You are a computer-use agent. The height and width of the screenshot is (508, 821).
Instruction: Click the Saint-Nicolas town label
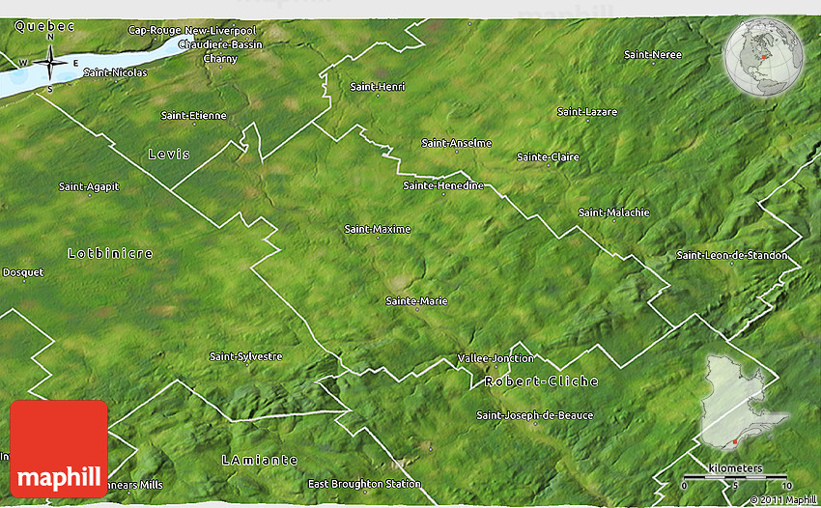click(x=115, y=72)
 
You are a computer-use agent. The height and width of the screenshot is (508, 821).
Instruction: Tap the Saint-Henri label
click(x=378, y=87)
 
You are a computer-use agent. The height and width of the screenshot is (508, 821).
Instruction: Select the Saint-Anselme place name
click(x=457, y=143)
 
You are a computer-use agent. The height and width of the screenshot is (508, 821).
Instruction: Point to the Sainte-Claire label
click(x=548, y=156)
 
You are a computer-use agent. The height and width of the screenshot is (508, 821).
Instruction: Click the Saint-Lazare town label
click(x=587, y=112)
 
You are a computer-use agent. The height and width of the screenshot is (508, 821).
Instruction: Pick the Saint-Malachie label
click(x=614, y=212)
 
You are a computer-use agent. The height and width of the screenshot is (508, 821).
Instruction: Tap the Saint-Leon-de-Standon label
click(x=732, y=255)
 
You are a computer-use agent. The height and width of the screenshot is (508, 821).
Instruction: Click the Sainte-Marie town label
click(x=416, y=300)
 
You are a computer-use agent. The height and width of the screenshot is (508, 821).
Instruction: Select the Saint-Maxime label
click(x=378, y=229)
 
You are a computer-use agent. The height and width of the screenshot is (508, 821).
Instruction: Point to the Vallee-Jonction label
click(x=495, y=357)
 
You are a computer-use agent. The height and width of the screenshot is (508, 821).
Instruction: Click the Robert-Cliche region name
click(x=542, y=381)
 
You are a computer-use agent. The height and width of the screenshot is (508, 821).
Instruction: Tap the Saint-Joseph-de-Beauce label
click(x=535, y=415)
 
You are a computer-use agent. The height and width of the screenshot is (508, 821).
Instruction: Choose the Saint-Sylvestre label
click(x=245, y=356)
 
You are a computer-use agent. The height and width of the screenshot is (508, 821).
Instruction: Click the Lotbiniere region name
click(x=110, y=253)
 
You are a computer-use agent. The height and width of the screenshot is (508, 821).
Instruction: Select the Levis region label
click(x=169, y=155)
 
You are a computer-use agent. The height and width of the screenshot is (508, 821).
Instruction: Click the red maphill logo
click(x=58, y=449)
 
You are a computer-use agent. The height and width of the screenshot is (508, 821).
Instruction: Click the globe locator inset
click(x=763, y=59)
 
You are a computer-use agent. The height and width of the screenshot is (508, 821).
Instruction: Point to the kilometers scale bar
click(x=736, y=477)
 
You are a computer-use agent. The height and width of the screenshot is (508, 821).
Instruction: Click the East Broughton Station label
click(x=364, y=484)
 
